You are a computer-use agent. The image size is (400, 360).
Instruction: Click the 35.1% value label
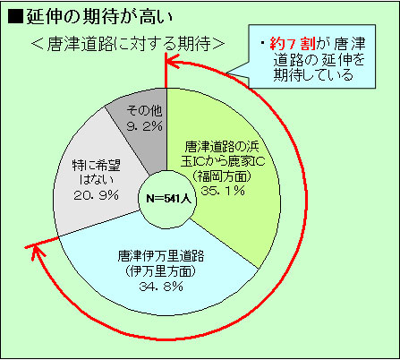point(223,191)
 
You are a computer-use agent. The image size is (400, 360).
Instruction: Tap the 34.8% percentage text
point(161,287)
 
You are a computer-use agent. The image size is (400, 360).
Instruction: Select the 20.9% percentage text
point(96,195)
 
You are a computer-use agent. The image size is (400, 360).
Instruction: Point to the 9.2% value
point(145,126)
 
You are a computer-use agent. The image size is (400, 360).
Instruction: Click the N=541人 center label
point(168,199)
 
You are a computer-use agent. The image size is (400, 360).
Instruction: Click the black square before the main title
point(15,16)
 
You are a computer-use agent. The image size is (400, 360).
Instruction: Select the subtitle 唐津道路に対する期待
point(129,44)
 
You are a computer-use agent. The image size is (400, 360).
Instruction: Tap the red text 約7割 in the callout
point(293,44)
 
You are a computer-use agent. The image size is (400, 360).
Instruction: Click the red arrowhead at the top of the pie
point(171,62)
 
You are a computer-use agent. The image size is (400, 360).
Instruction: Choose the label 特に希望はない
point(96,173)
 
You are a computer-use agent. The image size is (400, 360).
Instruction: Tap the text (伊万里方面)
point(161,271)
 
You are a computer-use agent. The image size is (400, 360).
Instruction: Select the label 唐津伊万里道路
point(161,255)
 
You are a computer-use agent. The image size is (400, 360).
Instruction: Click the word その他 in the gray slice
point(145,111)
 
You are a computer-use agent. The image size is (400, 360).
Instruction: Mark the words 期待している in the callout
point(313,75)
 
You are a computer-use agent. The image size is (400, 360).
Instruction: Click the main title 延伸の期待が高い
point(99,16)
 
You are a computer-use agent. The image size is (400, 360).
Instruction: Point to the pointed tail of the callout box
point(226,73)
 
